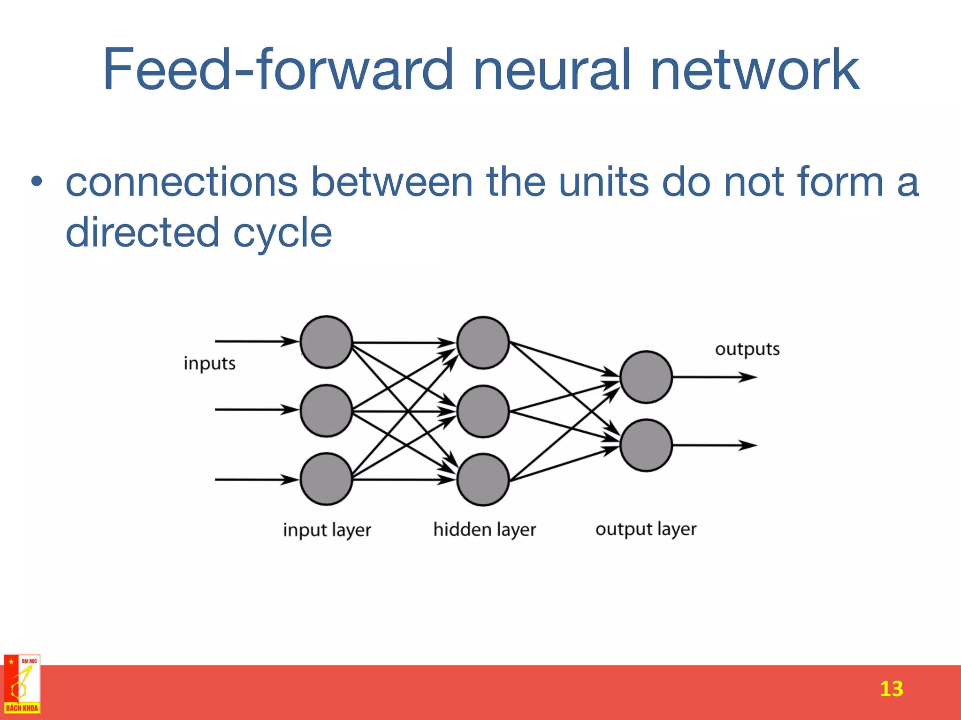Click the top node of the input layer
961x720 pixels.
coord(326,342)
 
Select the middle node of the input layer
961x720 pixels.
coord(326,411)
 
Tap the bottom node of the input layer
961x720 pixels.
coord(326,479)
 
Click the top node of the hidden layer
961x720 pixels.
coord(483,343)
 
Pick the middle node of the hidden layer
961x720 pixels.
coord(483,412)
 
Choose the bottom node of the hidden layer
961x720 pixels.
coord(483,480)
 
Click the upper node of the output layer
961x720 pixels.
coord(646,377)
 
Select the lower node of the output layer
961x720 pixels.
coord(646,445)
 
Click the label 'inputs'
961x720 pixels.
coord(209,364)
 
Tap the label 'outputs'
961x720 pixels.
coord(747,349)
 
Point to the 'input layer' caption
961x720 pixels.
coord(327,530)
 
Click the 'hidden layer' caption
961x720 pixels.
coord(484,530)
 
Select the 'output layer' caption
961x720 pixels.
coord(646,529)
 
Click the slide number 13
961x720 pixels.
coord(891,689)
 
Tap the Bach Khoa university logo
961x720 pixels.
coord(22,684)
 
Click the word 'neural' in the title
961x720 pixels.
coord(553,70)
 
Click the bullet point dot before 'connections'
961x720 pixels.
coord(37,182)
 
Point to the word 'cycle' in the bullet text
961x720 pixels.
coord(282,232)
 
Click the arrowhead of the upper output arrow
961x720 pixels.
coord(749,377)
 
